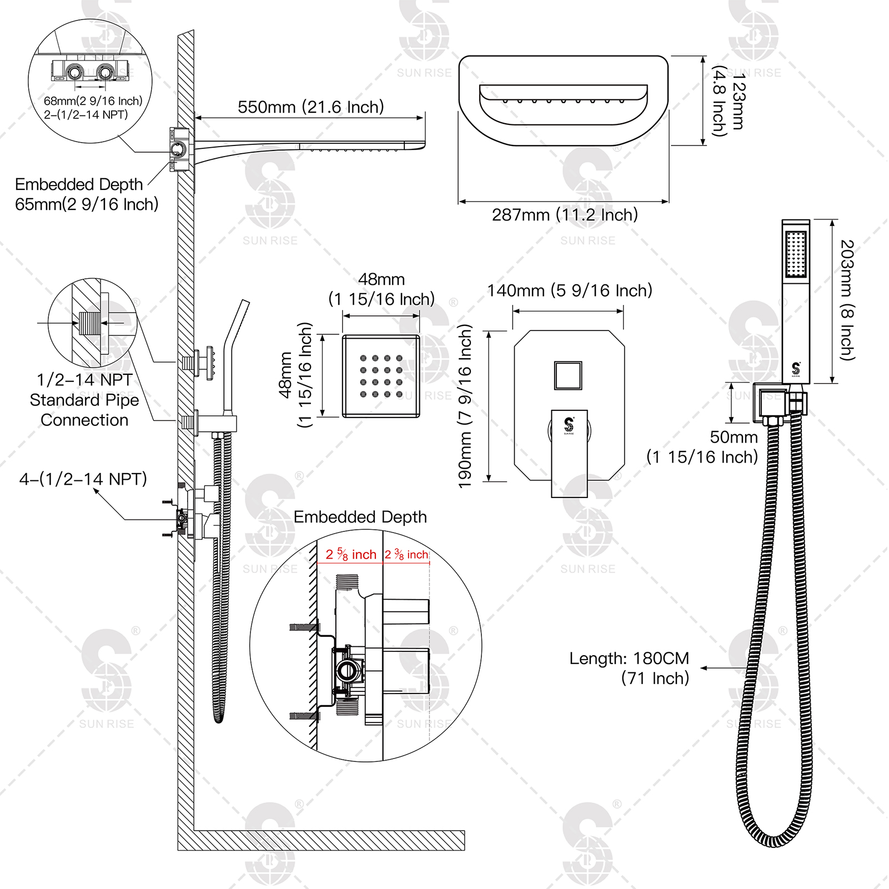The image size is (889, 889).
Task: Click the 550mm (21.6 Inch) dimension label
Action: click(311, 107)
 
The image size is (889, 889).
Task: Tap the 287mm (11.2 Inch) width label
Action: click(565, 215)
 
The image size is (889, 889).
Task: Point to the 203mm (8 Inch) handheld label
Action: click(846, 300)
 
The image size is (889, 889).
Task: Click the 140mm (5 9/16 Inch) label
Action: click(570, 290)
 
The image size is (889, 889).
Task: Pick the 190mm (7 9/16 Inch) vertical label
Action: click(465, 406)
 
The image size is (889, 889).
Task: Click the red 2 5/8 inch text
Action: click(351, 554)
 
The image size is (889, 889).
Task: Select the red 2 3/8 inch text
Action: click(406, 554)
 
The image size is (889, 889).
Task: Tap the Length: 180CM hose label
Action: click(629, 659)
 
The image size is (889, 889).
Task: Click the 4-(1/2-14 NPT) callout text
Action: click(83, 479)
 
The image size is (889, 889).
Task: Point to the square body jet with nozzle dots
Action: click(381, 376)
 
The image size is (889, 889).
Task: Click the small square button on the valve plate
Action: click(568, 375)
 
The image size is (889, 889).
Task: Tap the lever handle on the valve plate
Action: click(569, 453)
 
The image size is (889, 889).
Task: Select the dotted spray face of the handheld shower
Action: click(796, 254)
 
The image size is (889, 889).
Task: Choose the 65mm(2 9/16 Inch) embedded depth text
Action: click(87, 204)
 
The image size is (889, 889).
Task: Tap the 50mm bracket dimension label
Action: click(734, 437)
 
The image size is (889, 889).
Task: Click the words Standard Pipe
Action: click(84, 400)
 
